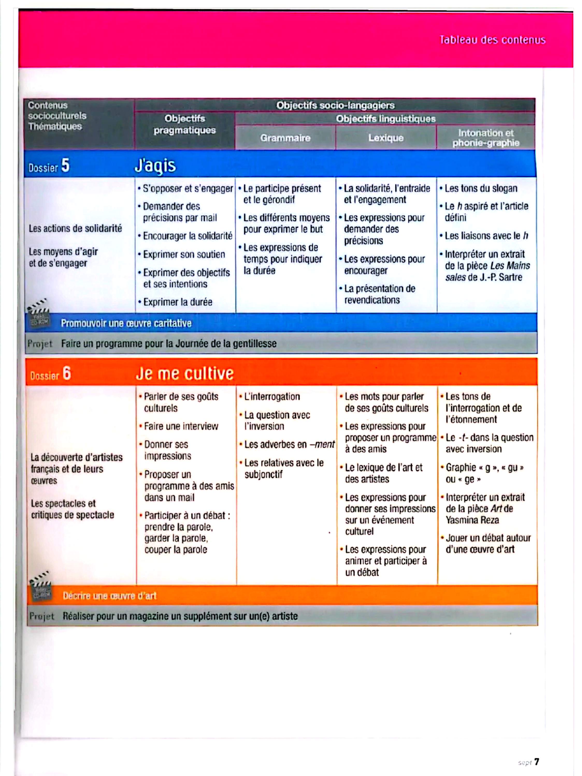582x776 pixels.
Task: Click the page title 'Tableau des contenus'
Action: pyautogui.click(x=492, y=40)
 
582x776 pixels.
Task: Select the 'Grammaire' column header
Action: pyautogui.click(x=285, y=138)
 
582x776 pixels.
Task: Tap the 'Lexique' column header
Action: pyautogui.click(x=386, y=138)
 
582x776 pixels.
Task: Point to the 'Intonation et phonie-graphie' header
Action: pyautogui.click(x=485, y=138)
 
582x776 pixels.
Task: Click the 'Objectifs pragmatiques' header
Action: pyautogui.click(x=184, y=124)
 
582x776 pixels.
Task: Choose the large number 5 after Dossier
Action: pyautogui.click(x=65, y=165)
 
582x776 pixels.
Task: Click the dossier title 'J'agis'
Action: pyautogui.click(x=155, y=165)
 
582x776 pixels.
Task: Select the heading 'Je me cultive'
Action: pyautogui.click(x=184, y=373)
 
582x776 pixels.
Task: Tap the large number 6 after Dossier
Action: pyautogui.click(x=67, y=373)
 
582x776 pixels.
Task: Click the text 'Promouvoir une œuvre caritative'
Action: pyautogui.click(x=126, y=323)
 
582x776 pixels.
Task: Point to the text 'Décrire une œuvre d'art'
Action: pyautogui.click(x=110, y=596)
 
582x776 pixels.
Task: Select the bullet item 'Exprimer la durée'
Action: pyautogui.click(x=177, y=302)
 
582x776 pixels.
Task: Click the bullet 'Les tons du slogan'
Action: pyautogui.click(x=480, y=188)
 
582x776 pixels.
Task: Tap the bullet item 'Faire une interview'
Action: pyautogui.click(x=181, y=426)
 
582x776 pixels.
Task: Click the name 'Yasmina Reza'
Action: pyautogui.click(x=472, y=520)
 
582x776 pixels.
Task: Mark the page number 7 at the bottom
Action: pyautogui.click(x=536, y=762)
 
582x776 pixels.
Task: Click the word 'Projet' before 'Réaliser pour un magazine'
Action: pyautogui.click(x=42, y=616)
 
